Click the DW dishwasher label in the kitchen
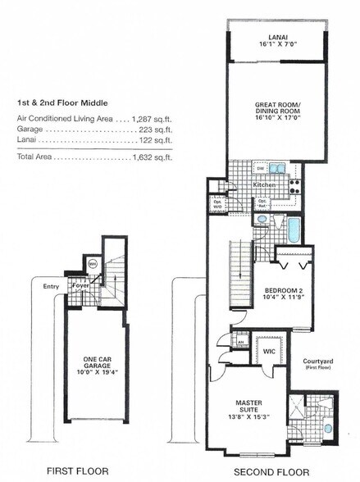pyautogui.click(x=259, y=167)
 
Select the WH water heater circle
pyautogui.click(x=92, y=264)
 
